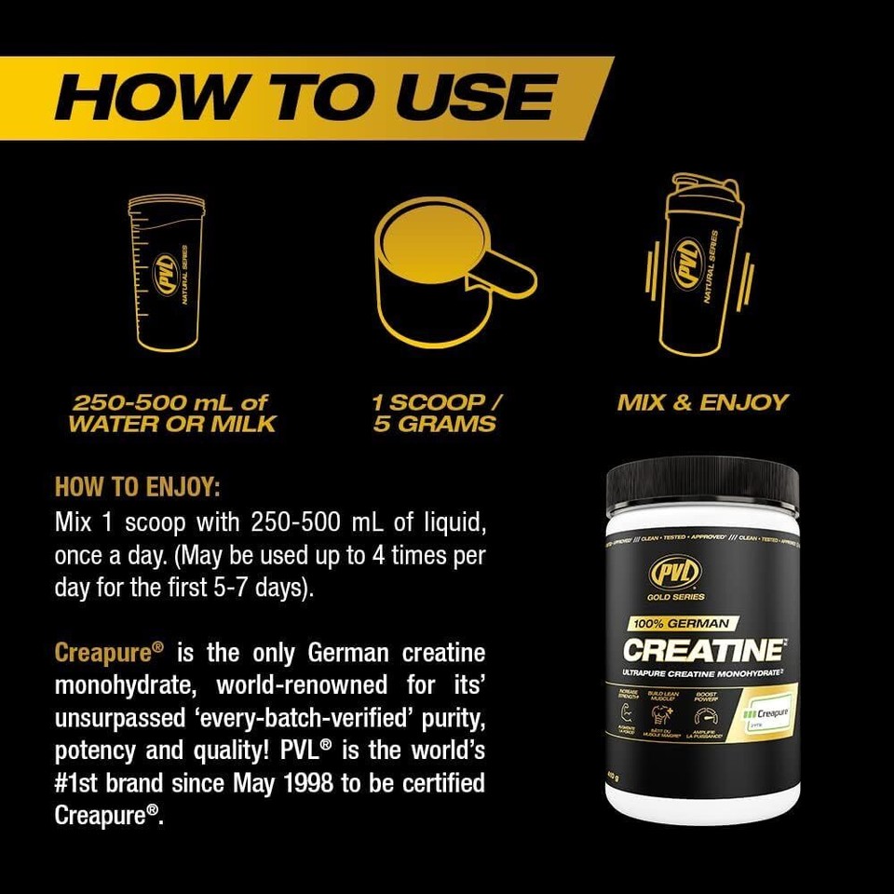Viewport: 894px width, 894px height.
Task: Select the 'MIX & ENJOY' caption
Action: [702, 403]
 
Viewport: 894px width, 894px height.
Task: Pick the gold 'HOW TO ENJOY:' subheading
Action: [138, 487]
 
